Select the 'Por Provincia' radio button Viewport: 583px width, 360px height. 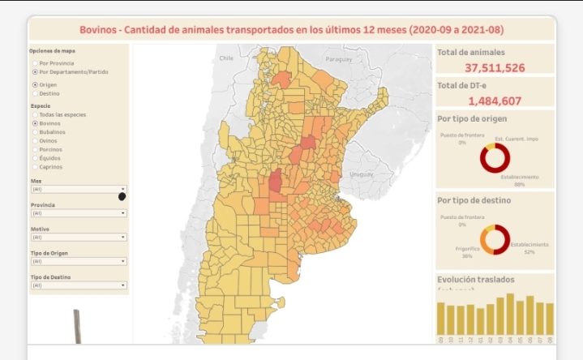pos(34,62)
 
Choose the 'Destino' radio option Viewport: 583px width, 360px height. pos(34,93)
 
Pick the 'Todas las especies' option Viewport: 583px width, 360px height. pos(34,114)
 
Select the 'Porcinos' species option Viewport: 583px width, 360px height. pos(34,149)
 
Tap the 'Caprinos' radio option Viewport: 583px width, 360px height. pos(34,167)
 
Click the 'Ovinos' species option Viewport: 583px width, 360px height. pos(34,140)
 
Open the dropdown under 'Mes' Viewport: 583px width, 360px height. pos(78,189)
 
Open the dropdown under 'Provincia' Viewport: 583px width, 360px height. pos(78,213)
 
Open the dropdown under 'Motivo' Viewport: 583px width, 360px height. pos(78,238)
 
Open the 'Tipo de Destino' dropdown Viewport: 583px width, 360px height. pos(78,285)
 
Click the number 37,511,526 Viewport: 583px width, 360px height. pos(495,68)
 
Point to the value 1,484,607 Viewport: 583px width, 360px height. pos(495,101)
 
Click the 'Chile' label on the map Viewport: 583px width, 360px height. pos(226,58)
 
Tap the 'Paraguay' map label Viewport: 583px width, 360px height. pos(339,59)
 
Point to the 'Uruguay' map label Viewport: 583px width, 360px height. pos(361,174)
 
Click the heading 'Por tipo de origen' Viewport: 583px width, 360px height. pos(466,118)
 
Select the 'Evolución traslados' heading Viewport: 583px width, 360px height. pos(475,280)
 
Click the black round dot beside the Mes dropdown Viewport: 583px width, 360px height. pos(122,196)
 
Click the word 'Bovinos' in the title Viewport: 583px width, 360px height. pos(98,30)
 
